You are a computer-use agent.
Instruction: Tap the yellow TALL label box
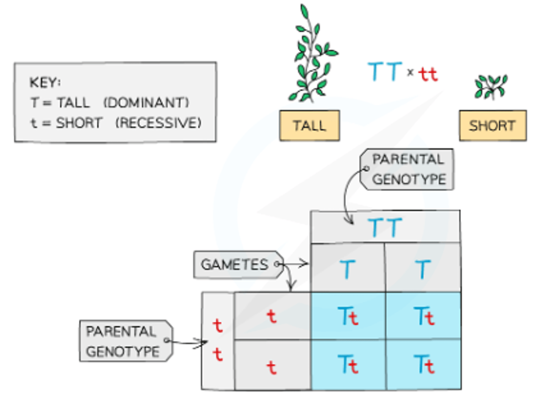[x=309, y=126]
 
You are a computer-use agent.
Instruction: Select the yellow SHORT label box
[x=492, y=126]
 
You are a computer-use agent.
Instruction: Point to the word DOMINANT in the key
[x=146, y=103]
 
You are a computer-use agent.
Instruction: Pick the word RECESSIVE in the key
[x=158, y=123]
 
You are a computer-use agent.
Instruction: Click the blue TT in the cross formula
[x=385, y=72]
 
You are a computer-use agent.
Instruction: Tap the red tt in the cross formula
[x=428, y=74]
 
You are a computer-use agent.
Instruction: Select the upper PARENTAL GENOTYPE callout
[x=408, y=169]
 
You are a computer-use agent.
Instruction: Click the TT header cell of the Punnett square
[x=385, y=227]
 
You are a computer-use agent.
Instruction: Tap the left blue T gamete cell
[x=347, y=268]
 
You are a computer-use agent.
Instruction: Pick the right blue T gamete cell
[x=423, y=268]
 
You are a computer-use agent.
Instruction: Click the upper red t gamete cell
[x=271, y=316]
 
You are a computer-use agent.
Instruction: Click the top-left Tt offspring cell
[x=348, y=316]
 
